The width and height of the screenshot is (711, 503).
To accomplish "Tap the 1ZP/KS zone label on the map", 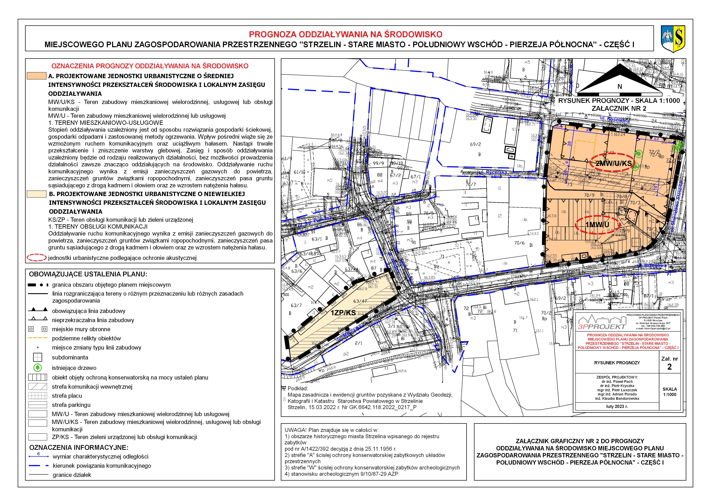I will point(343,313).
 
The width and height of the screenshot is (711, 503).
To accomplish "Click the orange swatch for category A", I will point(37,76).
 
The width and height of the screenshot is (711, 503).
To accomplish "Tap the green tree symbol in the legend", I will point(37,368).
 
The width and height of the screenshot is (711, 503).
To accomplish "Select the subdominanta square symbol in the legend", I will point(37,357).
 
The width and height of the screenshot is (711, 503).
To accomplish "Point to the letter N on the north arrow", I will point(620,86).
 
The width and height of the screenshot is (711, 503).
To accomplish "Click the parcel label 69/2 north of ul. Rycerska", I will point(475,144).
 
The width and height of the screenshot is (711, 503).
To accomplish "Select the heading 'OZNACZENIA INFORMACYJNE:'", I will point(79,447).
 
